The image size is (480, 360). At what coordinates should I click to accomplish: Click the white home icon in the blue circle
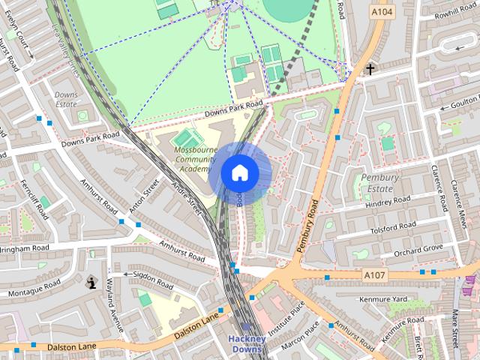click(x=239, y=172)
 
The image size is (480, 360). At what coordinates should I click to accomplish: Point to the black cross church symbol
click(x=369, y=70)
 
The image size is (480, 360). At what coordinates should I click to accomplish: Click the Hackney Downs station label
click(x=247, y=344)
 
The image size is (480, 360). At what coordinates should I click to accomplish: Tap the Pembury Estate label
click(x=379, y=182)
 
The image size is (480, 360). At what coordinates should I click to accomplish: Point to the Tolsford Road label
click(x=391, y=226)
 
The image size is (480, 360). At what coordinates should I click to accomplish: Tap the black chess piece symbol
click(x=91, y=283)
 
